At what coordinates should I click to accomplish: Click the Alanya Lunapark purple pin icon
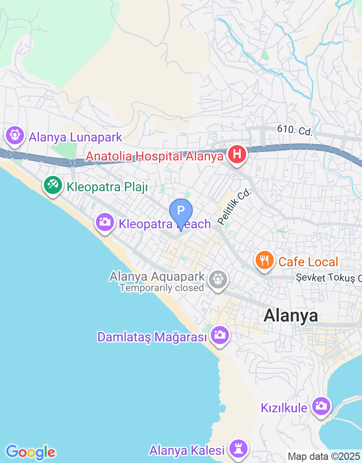coord(15,135)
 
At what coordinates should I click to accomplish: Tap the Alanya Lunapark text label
coord(76,137)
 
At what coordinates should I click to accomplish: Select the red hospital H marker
coord(237,155)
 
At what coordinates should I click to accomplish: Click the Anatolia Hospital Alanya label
coord(155,156)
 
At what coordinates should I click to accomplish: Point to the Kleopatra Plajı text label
coord(107,187)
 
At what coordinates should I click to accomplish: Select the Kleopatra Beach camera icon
coord(105,222)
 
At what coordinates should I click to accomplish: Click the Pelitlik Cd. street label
coord(234,207)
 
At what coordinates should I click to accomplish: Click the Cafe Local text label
coord(308,262)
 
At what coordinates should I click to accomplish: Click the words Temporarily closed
coord(162,288)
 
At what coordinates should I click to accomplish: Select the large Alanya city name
coord(291,315)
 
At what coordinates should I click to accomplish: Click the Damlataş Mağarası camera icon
coord(220,335)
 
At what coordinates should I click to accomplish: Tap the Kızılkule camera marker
coord(321,406)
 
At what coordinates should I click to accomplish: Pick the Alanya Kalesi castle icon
coord(238,449)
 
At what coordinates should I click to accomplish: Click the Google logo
coord(30,452)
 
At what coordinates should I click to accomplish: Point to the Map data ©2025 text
coord(324,456)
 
